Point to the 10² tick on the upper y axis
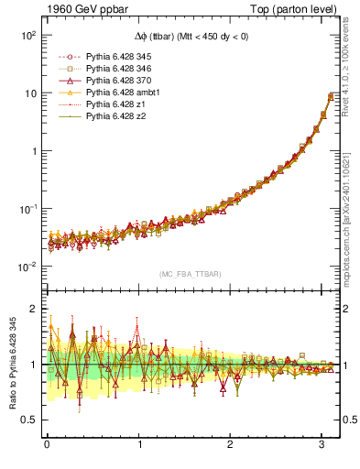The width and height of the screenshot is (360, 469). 27,35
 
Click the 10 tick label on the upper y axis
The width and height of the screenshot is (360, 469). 29,93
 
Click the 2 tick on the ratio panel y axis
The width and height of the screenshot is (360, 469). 34,309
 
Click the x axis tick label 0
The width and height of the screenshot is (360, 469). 47,446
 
